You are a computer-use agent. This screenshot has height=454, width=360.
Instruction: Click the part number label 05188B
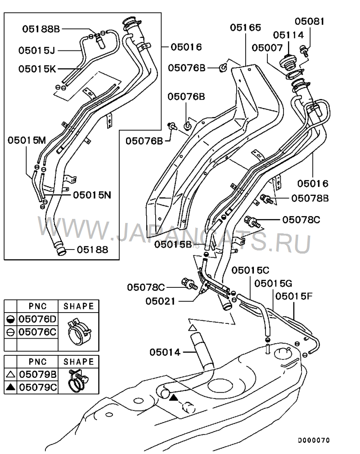click(41, 29)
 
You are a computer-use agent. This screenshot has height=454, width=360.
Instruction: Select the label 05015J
click(37, 50)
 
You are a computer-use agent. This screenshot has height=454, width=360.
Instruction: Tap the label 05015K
click(37, 69)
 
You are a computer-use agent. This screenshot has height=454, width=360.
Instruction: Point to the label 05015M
click(27, 140)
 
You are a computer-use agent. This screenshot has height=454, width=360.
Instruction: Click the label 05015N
click(92, 195)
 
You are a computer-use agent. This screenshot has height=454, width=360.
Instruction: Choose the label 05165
click(245, 28)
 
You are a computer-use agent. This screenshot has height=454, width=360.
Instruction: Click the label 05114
click(288, 35)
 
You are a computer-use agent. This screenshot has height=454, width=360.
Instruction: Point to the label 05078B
click(310, 198)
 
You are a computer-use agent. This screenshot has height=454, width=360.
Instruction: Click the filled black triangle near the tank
click(174, 397)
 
